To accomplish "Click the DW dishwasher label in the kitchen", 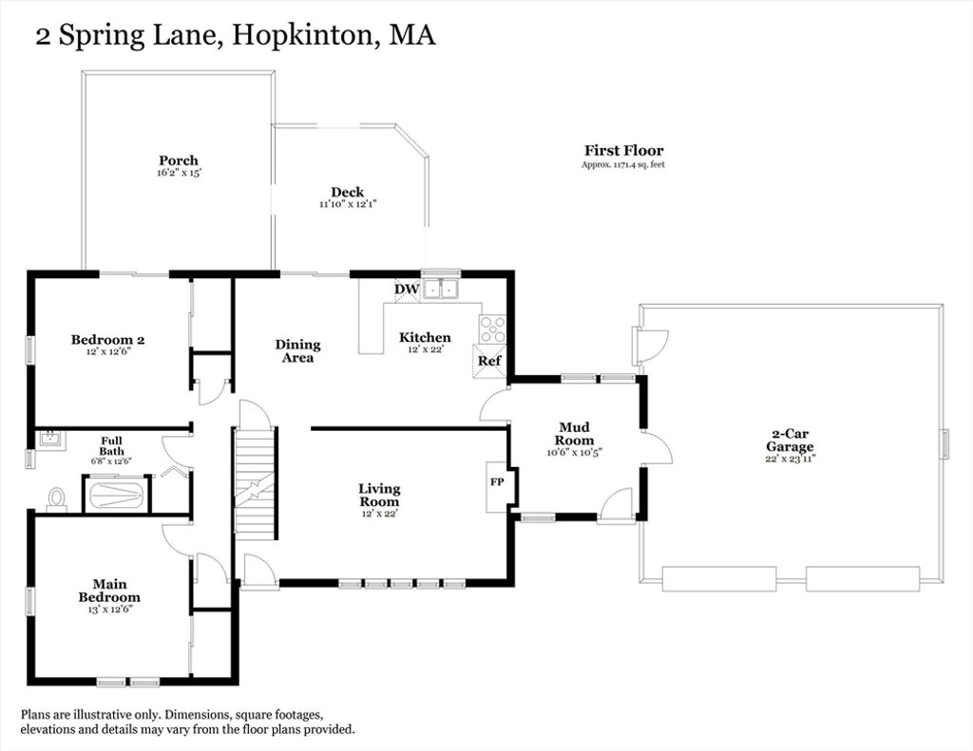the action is tap(407, 289).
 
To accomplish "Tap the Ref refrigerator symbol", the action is tap(489, 360).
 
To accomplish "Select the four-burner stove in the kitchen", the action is tap(492, 329).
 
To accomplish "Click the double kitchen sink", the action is tap(441, 289).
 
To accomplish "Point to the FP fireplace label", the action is tap(497, 481).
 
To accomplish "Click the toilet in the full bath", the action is tap(57, 499).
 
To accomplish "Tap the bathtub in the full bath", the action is tap(117, 495).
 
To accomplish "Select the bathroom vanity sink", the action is tap(49, 440).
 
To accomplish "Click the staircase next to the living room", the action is tap(254, 480).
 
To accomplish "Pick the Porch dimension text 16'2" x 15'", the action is tap(180, 173).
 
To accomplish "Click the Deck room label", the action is tap(348, 192).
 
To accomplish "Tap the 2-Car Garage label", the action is tap(790, 441).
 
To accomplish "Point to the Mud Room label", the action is tap(575, 434).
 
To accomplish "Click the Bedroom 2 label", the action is tap(108, 339).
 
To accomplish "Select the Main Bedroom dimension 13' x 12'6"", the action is tap(110, 610).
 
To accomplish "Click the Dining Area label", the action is tap(297, 351).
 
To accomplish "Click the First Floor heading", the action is tap(623, 151).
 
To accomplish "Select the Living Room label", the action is tap(379, 496).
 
